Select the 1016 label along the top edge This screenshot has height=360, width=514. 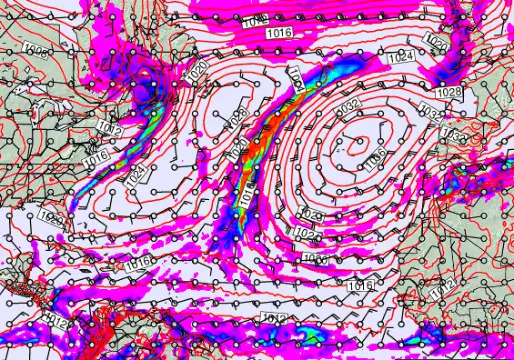(x=279, y=34)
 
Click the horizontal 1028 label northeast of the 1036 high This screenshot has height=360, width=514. (x=448, y=93)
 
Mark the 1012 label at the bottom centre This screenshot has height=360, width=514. (x=273, y=318)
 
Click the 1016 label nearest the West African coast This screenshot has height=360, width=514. (x=361, y=285)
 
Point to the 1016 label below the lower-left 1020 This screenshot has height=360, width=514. (x=138, y=262)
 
